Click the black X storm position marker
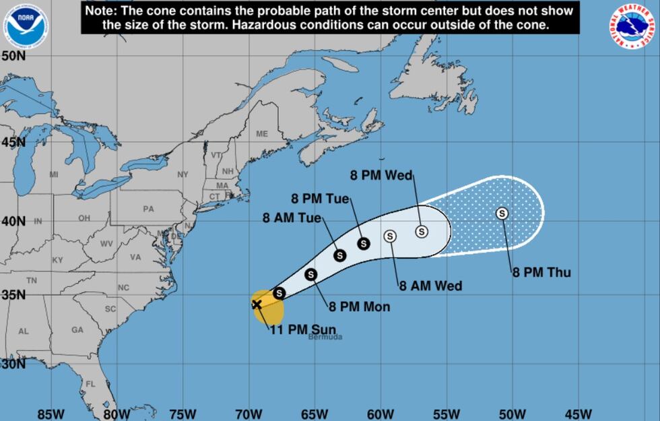257,304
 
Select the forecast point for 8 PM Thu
502,214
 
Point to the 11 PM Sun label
302,329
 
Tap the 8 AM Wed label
430,286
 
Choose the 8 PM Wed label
382,176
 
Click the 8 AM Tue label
292,218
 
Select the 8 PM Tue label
321,199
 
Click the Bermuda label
325,337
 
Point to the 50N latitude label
13,57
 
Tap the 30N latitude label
13,364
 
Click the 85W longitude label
51,413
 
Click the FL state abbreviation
90,385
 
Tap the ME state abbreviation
262,134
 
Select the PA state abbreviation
149,209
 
